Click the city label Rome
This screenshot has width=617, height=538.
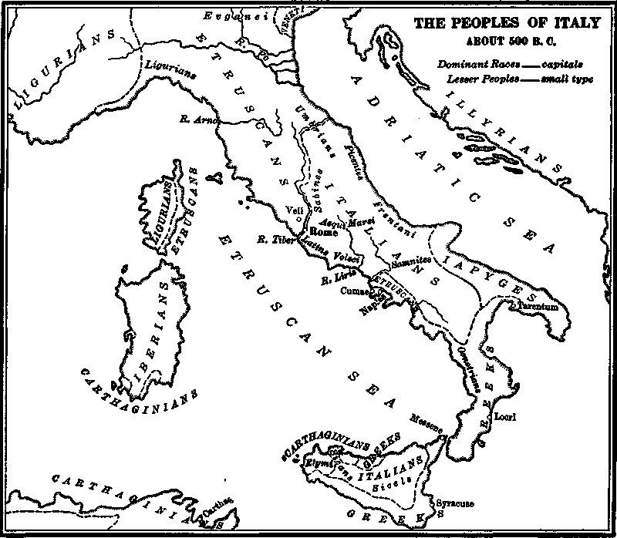[320, 230]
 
